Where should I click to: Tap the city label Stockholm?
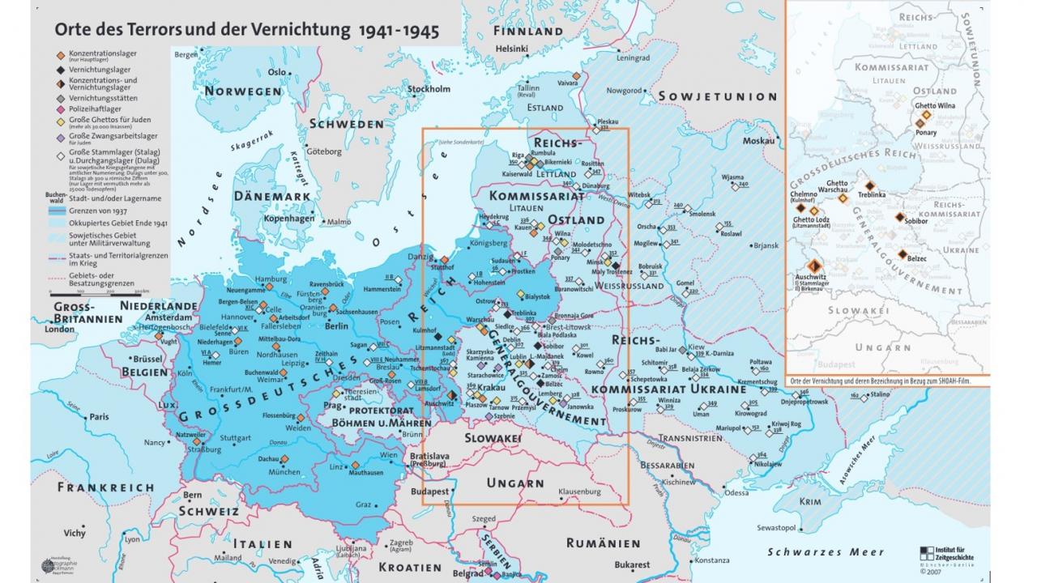(x=429, y=89)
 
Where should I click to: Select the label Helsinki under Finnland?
(x=512, y=48)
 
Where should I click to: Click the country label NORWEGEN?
(x=242, y=91)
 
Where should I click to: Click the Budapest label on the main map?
(x=429, y=492)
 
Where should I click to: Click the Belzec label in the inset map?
(x=917, y=257)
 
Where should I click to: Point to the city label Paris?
(x=100, y=416)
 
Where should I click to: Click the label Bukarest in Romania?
(x=632, y=564)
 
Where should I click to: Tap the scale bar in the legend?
(x=100, y=294)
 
